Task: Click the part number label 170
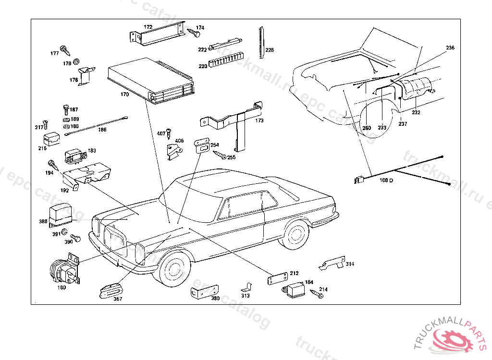124,95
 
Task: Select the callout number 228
270,50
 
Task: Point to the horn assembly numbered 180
64,271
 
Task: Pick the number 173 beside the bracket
259,120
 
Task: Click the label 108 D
386,180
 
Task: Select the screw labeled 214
317,294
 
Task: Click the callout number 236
450,48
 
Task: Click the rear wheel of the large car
295,234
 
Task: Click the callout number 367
118,299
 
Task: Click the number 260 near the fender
367,128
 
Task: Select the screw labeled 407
169,132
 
